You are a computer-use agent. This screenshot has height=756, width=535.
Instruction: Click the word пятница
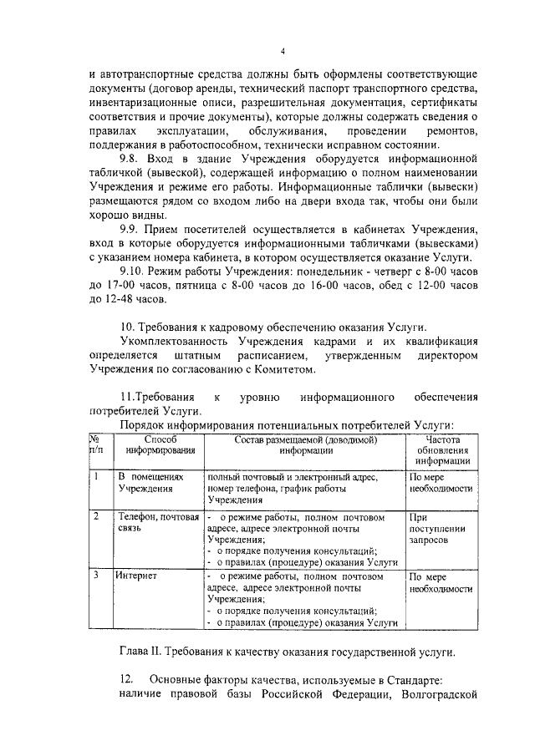click(x=186, y=286)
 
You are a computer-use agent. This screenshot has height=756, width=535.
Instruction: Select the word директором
click(x=445, y=356)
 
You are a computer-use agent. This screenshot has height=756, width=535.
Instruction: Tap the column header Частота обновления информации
click(x=442, y=449)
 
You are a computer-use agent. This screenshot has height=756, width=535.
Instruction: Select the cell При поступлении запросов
click(x=431, y=529)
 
